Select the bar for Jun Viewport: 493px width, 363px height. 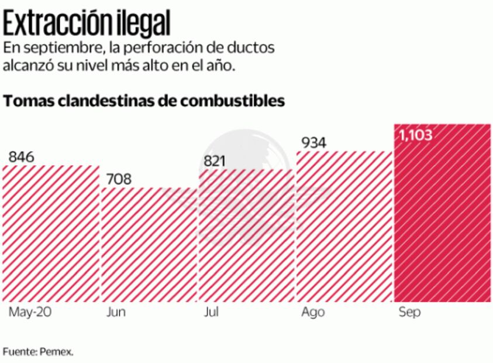(149, 244)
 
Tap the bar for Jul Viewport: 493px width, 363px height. (246, 235)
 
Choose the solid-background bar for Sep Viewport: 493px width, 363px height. (442, 214)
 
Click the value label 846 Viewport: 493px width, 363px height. (22, 157)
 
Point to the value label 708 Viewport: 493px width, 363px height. (119, 179)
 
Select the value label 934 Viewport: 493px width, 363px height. (313, 142)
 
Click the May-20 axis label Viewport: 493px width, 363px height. (30, 312)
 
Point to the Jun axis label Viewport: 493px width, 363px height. (116, 312)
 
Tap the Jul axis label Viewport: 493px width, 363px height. (211, 312)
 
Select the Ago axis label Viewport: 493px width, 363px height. (313, 312)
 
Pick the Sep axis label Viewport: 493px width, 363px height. (409, 312)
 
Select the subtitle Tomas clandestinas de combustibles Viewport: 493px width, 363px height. (144, 101)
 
